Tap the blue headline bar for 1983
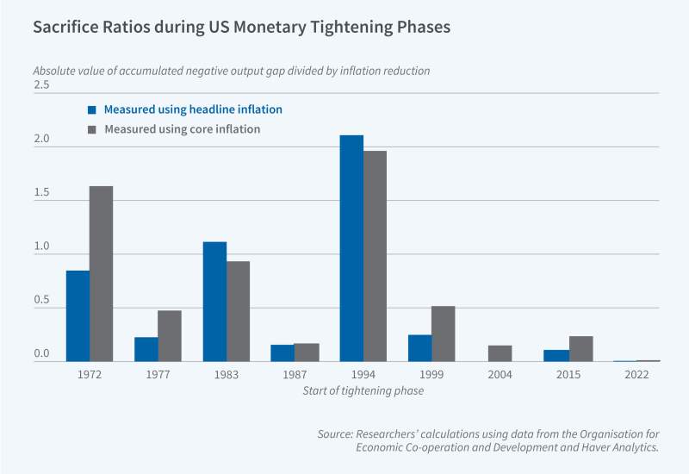pyautogui.click(x=214, y=302)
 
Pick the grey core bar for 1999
pyautogui.click(x=443, y=334)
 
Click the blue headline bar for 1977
pyautogui.click(x=146, y=349)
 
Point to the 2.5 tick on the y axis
pyautogui.click(x=41, y=85)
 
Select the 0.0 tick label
pyautogui.click(x=41, y=354)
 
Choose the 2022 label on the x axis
pyautogui.click(x=636, y=376)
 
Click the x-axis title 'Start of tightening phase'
pyautogui.click(x=363, y=391)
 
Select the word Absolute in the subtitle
pyautogui.click(x=53, y=71)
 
